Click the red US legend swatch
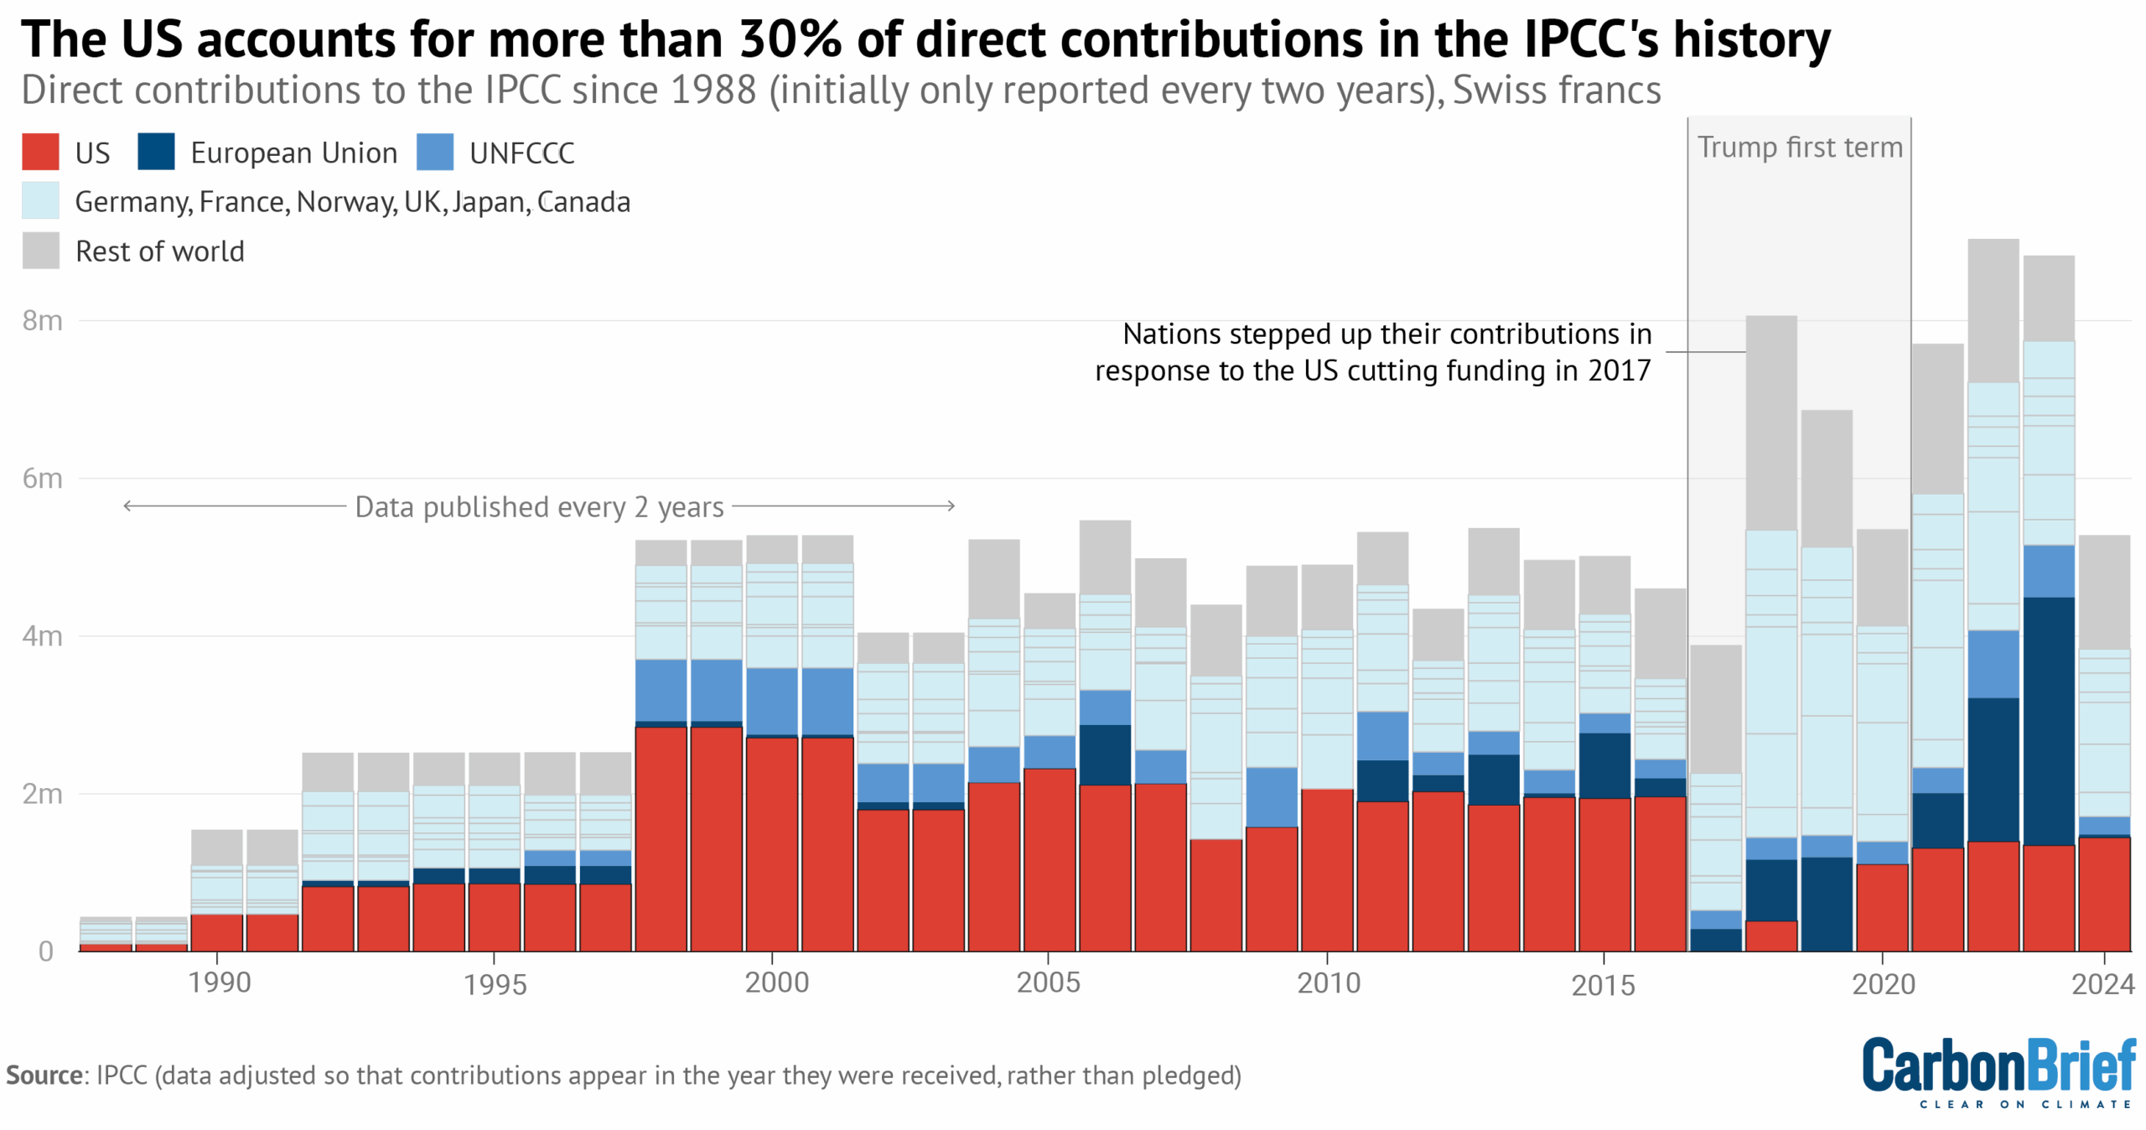click(x=40, y=152)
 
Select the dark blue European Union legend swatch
click(x=156, y=152)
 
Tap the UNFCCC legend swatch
click(x=434, y=152)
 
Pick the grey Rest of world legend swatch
click(x=40, y=251)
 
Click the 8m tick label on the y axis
click(x=42, y=320)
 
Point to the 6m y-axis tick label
click(x=42, y=478)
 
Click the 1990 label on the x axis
click(x=219, y=982)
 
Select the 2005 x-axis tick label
click(x=1048, y=982)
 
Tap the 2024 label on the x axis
click(x=2102, y=983)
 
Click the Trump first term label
click(x=1799, y=148)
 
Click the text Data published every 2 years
click(x=539, y=507)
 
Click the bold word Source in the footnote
click(x=44, y=1076)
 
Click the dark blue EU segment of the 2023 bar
click(x=2048, y=721)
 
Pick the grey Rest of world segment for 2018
click(x=1770, y=423)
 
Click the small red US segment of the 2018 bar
click(x=1770, y=936)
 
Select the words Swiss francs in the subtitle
click(x=1556, y=91)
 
